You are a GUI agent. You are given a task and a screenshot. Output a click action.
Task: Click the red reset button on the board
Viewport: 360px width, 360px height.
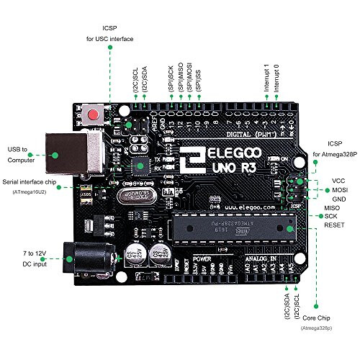click(x=92, y=116)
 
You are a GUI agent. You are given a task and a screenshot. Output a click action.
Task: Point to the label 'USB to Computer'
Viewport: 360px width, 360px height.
click(x=21, y=153)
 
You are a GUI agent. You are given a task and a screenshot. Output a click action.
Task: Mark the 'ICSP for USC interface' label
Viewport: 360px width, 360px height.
click(x=110, y=33)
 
